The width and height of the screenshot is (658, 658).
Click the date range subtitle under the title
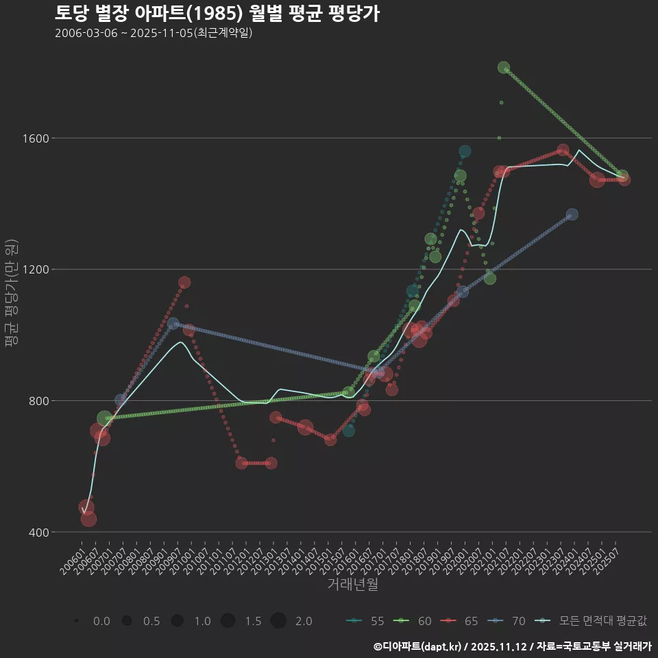click(154, 33)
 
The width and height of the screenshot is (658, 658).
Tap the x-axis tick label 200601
click(73, 558)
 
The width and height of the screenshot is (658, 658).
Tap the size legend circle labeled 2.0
click(278, 621)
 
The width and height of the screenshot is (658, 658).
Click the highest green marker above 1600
click(504, 68)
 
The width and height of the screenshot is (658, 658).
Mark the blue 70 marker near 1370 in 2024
click(572, 215)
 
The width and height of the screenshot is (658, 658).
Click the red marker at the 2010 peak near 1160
click(184, 282)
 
